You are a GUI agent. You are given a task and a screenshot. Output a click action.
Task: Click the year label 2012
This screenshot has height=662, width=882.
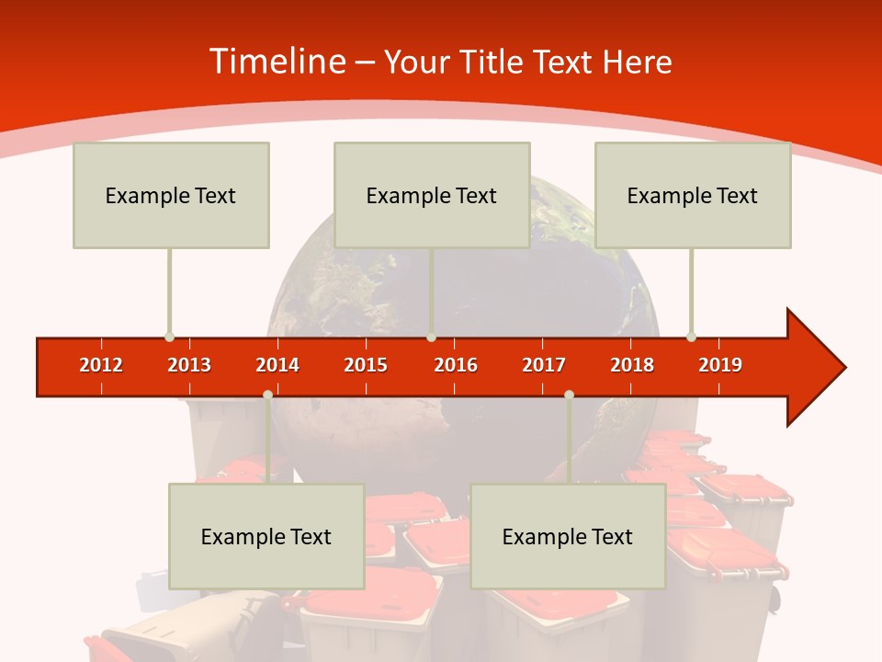[101, 365]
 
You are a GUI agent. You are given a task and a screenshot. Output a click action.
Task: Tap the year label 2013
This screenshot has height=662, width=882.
[189, 365]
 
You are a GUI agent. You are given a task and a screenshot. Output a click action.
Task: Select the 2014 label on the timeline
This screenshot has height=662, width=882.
[277, 365]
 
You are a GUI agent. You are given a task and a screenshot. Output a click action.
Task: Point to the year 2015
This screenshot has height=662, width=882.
[366, 365]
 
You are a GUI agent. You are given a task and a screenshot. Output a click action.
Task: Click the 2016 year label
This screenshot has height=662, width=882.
[456, 365]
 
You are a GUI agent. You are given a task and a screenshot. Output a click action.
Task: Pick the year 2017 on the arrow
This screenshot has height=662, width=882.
[544, 365]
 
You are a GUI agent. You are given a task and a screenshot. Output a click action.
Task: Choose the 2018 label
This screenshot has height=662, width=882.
[632, 365]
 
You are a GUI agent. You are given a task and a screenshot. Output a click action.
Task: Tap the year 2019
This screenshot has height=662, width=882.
[720, 365]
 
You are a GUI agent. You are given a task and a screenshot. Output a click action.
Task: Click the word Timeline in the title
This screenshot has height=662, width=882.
[276, 62]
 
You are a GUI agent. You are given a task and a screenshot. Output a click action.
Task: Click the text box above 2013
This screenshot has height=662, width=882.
[171, 195]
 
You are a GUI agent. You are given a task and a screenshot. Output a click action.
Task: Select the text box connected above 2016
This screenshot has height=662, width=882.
[432, 195]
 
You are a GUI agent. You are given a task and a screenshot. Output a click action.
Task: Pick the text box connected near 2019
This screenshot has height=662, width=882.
[693, 195]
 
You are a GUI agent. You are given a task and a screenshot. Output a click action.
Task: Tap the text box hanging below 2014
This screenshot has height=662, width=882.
[266, 536]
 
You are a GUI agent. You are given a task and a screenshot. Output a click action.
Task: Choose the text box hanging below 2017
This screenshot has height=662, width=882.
[568, 536]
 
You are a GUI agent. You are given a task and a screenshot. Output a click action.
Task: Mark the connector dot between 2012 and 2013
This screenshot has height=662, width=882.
[169, 337]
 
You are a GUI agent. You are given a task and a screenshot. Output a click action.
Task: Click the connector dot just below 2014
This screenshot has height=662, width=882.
[267, 394]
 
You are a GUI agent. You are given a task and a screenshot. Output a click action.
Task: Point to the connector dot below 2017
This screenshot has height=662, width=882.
[569, 394]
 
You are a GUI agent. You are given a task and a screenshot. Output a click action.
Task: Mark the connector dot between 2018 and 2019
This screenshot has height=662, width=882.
[691, 337]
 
